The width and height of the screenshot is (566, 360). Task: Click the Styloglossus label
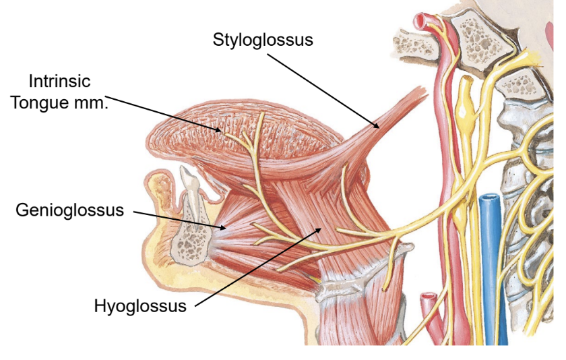click(x=263, y=39)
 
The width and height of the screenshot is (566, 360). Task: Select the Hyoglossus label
click(x=140, y=307)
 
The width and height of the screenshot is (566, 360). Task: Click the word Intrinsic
click(x=59, y=82)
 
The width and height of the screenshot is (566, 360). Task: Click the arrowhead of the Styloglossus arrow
click(x=378, y=126)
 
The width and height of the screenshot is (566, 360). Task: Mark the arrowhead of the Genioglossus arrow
click(x=226, y=229)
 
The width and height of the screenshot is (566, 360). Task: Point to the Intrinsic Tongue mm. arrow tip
click(x=221, y=130)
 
